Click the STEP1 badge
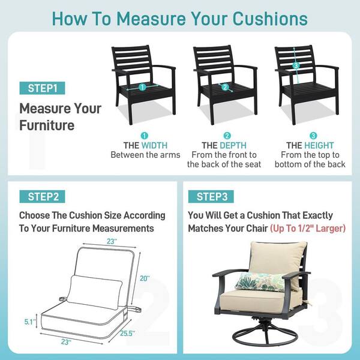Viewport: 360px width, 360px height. click(x=42, y=88)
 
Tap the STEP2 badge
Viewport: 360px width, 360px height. click(x=42, y=197)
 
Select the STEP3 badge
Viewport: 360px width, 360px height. click(x=211, y=197)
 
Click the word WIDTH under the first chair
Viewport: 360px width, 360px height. click(x=155, y=146)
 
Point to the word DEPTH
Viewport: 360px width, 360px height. click(x=233, y=146)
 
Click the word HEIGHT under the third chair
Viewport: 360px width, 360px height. click(x=319, y=146)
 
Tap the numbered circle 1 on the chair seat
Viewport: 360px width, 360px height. click(x=142, y=87)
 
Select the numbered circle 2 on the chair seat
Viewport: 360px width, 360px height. click(x=225, y=87)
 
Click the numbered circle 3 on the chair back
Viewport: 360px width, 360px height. click(x=296, y=65)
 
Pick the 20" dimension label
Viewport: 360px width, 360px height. click(x=145, y=278)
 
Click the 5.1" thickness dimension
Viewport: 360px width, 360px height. click(x=30, y=322)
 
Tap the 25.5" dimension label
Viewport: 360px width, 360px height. click(x=127, y=334)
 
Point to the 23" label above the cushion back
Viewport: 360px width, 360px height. click(x=112, y=242)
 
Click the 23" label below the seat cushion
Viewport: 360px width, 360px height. click(x=66, y=342)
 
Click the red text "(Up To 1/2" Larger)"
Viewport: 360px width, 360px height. click(x=308, y=229)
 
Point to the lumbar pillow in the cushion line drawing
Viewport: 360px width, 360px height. click(x=95, y=292)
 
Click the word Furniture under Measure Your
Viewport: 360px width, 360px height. click(x=47, y=125)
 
